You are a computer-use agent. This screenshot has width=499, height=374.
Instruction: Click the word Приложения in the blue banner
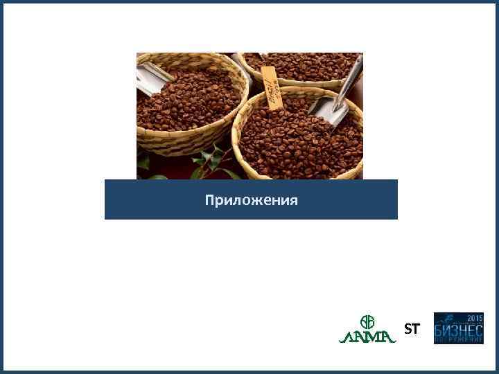click(x=251, y=201)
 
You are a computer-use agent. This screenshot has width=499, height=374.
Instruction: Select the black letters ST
click(x=412, y=330)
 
